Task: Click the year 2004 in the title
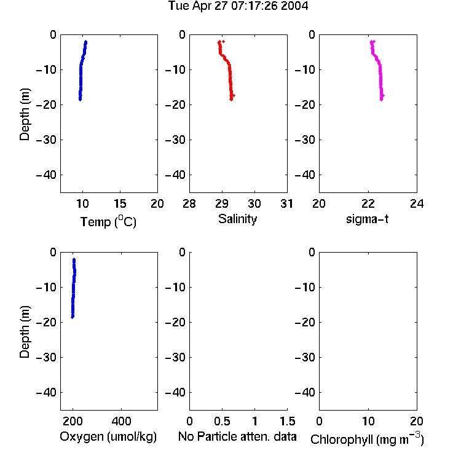point(294,6)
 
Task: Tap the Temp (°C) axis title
point(108,222)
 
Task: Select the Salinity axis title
point(237,219)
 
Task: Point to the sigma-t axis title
point(367,219)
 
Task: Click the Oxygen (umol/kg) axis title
point(108,437)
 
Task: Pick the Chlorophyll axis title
point(367,439)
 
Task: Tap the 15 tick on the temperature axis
point(120,203)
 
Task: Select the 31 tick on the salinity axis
point(286,203)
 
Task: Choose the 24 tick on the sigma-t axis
point(417,203)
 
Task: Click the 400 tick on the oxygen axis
point(121,421)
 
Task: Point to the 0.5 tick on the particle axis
point(222,421)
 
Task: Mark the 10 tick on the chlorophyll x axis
point(368,421)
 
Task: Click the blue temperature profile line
point(81,71)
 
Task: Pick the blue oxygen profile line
point(74,288)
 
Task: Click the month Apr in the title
point(202,6)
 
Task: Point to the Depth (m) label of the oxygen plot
point(25,332)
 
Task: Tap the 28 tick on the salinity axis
point(189,203)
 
